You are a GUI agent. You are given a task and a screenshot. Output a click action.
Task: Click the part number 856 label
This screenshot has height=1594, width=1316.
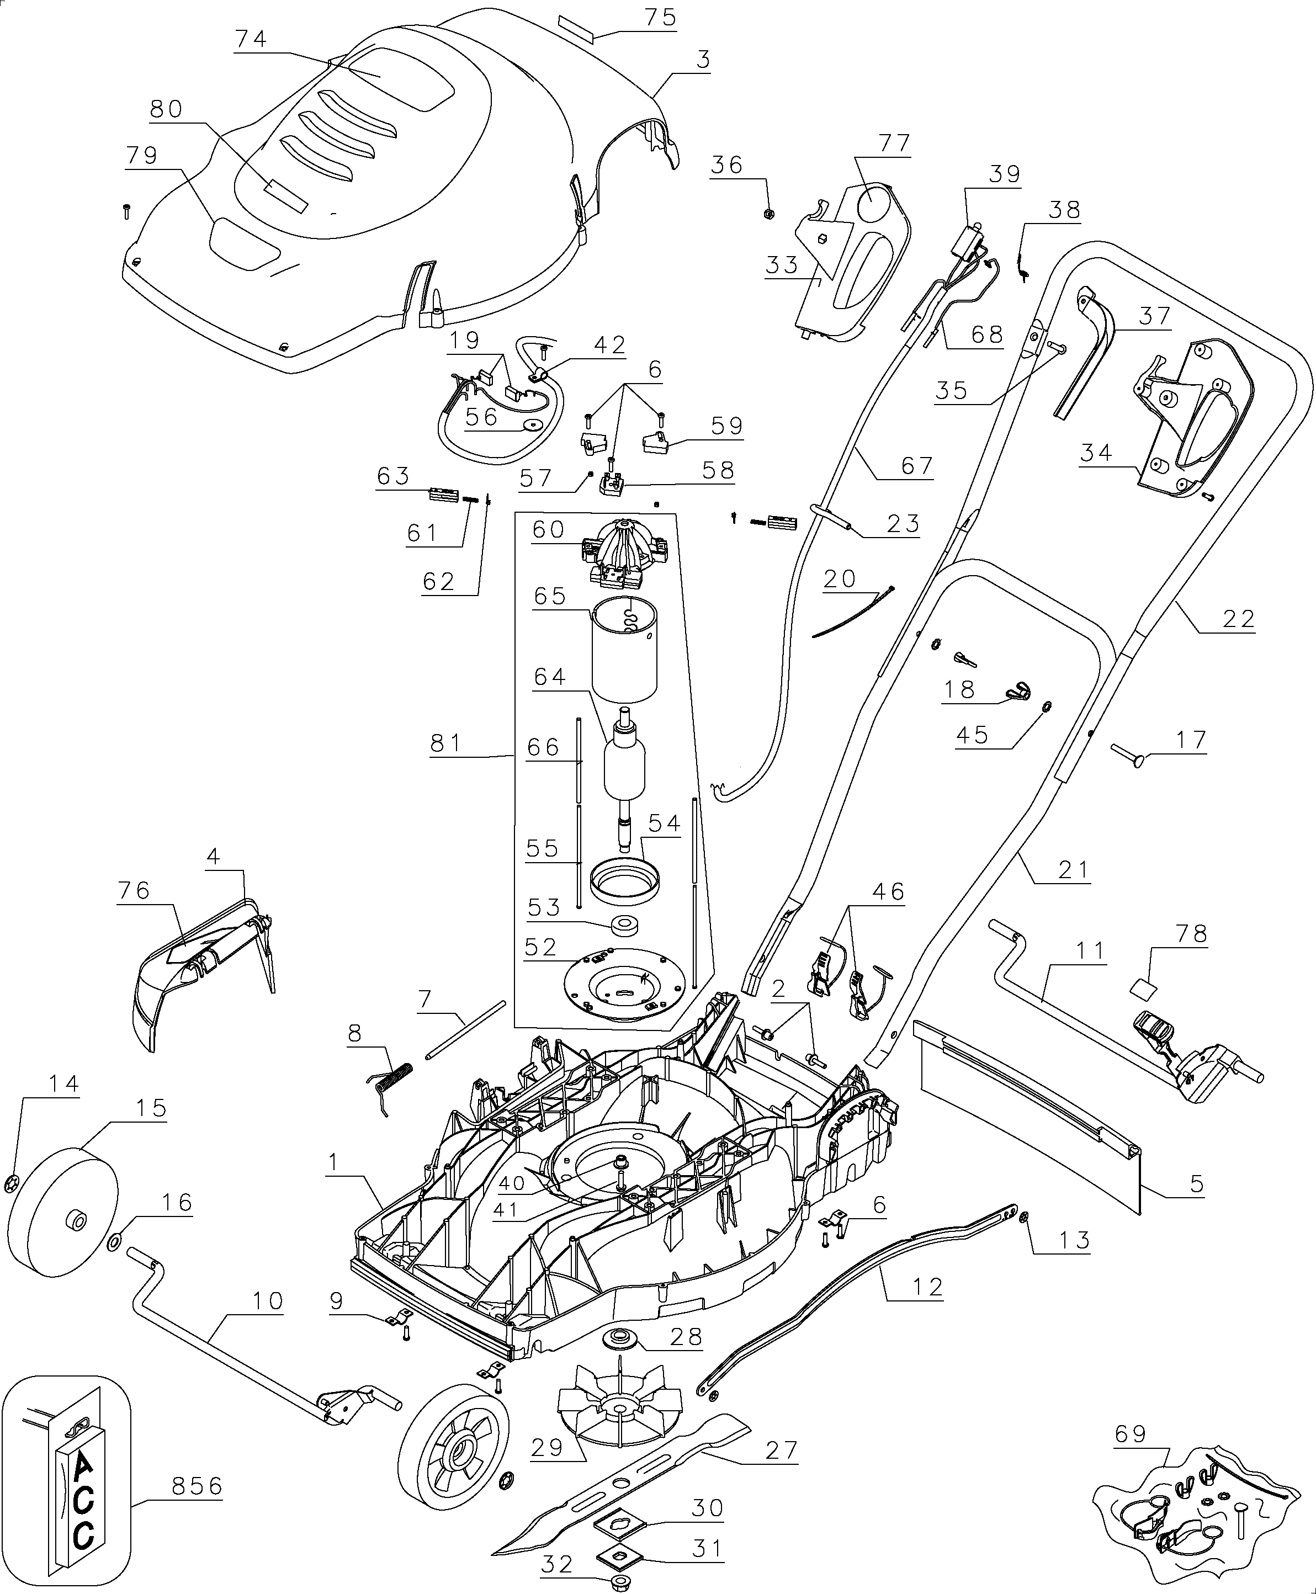(197, 1486)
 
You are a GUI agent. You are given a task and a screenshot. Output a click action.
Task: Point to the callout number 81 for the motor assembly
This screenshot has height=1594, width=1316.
(445, 743)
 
